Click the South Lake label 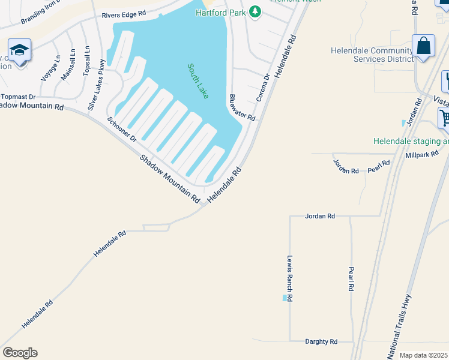point(197,81)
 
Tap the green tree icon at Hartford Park point(255,11)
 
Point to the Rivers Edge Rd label point(124,13)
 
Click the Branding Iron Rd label point(41,12)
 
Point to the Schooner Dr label point(122,129)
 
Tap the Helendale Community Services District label point(372,55)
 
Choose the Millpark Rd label point(422,155)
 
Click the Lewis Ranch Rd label point(289,278)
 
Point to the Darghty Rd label point(321,341)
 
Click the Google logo point(20,353)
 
